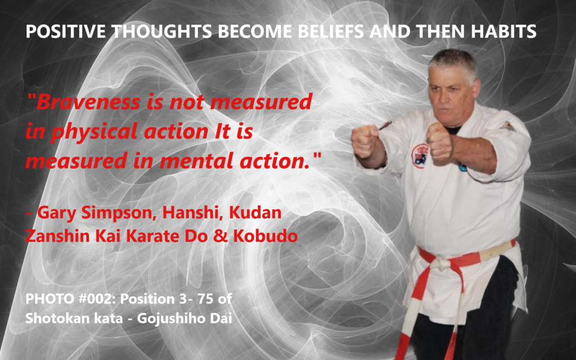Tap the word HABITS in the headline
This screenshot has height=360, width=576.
(503, 31)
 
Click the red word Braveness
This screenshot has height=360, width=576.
(88, 102)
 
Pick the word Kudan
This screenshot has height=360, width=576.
(255, 213)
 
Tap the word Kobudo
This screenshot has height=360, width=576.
(265, 236)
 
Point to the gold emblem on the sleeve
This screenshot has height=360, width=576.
(507, 127)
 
